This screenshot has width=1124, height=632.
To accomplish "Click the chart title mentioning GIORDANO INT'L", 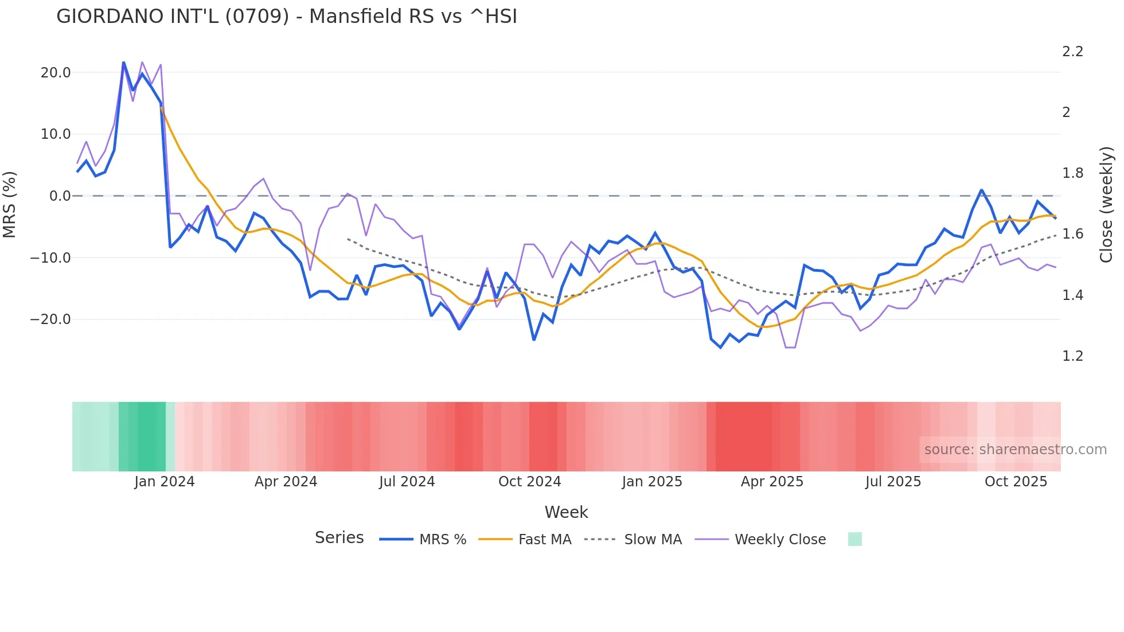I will [x=287, y=17].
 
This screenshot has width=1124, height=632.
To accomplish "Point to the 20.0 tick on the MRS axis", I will [x=56, y=73].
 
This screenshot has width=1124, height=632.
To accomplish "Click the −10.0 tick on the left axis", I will [x=50, y=258].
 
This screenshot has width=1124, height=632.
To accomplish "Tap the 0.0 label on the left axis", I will [x=60, y=196].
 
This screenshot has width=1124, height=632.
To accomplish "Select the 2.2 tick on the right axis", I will [x=1072, y=52].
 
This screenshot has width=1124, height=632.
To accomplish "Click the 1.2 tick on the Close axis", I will [x=1072, y=356].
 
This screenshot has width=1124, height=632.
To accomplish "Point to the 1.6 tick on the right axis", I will [x=1072, y=234].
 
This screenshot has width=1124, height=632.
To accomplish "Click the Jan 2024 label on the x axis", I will [x=165, y=482].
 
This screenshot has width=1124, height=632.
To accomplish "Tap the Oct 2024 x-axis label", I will [x=529, y=482].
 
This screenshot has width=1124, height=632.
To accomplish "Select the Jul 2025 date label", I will [x=893, y=482].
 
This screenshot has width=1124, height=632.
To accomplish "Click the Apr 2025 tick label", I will [x=772, y=482].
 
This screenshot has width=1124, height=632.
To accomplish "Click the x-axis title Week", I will [x=566, y=512].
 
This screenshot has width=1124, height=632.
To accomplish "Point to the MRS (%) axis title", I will [x=10, y=205].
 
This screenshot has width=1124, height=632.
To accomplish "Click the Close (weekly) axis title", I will [x=1106, y=205].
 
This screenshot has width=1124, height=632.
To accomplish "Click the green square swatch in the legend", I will [x=854, y=539].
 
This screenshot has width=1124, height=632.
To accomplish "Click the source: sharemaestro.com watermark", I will [x=1015, y=450].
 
